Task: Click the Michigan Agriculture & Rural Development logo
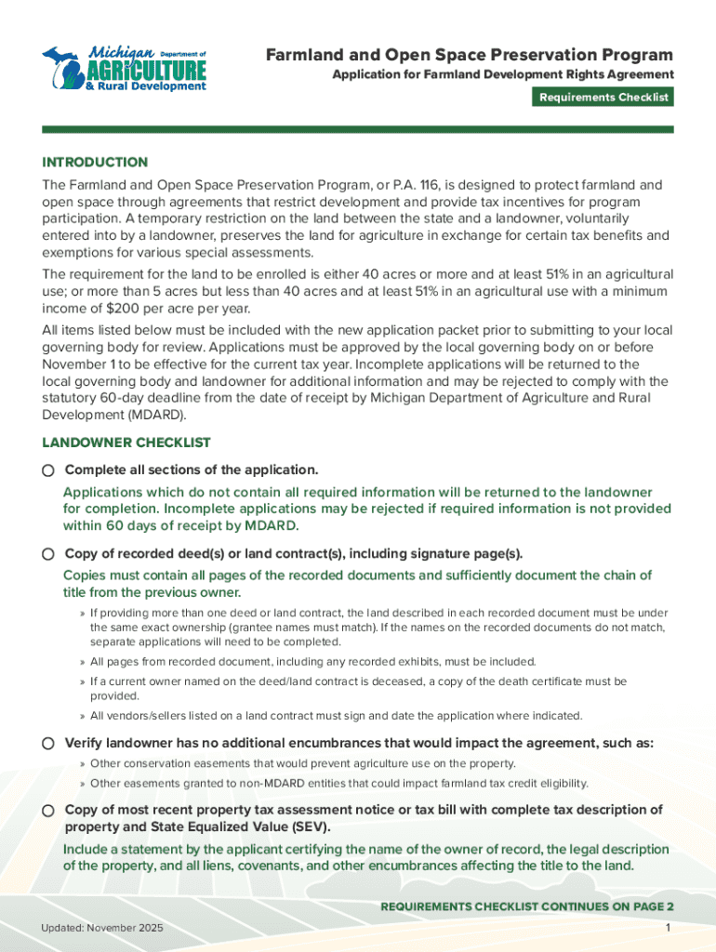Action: click(x=123, y=68)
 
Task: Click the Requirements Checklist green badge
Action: click(x=603, y=97)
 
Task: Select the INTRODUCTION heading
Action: click(x=95, y=162)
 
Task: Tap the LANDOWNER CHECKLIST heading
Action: click(x=126, y=443)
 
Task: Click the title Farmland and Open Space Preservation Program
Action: click(x=469, y=55)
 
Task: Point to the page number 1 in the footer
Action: click(x=669, y=930)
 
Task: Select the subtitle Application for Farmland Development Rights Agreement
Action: click(x=503, y=74)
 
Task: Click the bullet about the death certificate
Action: click(x=358, y=688)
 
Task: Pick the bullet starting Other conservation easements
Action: click(x=302, y=763)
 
